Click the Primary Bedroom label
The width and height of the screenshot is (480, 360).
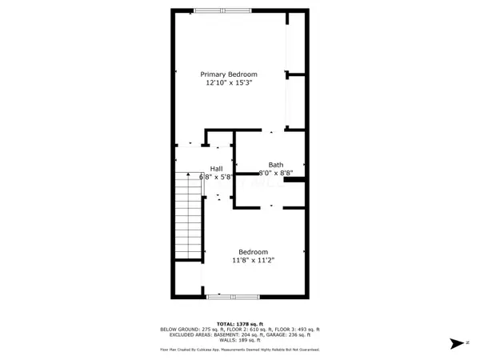[x=228, y=74]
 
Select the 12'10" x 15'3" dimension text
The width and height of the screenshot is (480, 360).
[x=228, y=82]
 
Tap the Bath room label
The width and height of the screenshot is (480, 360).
[x=276, y=165]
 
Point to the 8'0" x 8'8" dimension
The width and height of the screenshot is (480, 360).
[x=276, y=173]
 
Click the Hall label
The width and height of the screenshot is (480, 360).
[x=217, y=168]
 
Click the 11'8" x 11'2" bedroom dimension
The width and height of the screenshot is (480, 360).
[x=254, y=260]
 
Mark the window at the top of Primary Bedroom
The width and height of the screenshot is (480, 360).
[x=222, y=10]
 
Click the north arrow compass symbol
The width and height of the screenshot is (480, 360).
[x=456, y=343]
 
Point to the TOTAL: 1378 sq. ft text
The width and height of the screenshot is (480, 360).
[x=240, y=323]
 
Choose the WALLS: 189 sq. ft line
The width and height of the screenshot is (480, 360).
[x=240, y=340]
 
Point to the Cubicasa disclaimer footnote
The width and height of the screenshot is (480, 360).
[x=240, y=350]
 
